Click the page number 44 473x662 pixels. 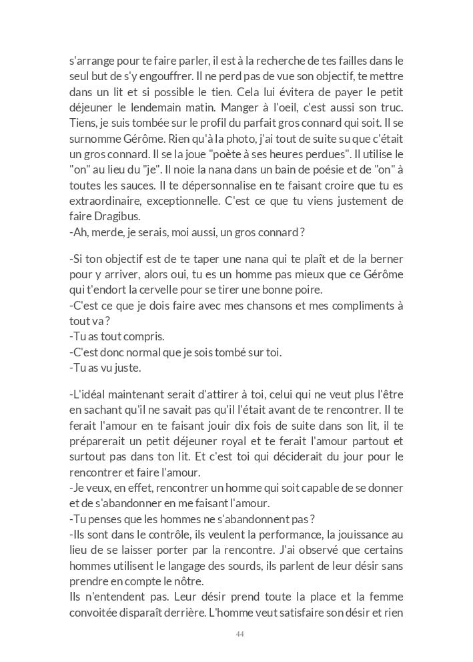click(x=240, y=634)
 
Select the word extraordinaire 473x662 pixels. click(x=105, y=202)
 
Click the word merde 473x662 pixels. click(x=102, y=232)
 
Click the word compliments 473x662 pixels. click(x=361, y=305)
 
